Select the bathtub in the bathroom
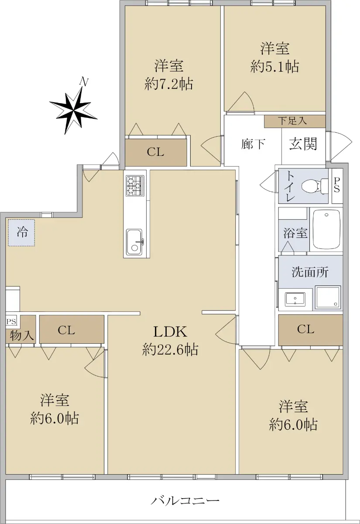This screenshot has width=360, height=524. click(326, 229)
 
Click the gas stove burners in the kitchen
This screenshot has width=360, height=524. click(135, 186)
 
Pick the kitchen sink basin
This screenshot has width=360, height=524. click(134, 242)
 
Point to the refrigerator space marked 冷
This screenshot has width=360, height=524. click(21, 232)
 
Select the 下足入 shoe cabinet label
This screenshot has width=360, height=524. click(292, 121)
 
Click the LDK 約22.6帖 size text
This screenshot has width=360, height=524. click(170, 341)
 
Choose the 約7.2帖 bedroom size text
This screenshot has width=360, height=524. click(169, 84)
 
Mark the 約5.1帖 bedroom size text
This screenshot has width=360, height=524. click(274, 66)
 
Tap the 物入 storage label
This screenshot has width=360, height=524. click(21, 336)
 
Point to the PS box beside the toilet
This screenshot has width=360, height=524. click(336, 186)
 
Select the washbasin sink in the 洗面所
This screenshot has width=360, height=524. click(295, 300)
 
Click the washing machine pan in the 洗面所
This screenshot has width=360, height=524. click(328, 297)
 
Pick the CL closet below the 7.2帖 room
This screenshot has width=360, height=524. click(156, 152)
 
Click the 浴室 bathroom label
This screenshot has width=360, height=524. click(295, 233)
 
